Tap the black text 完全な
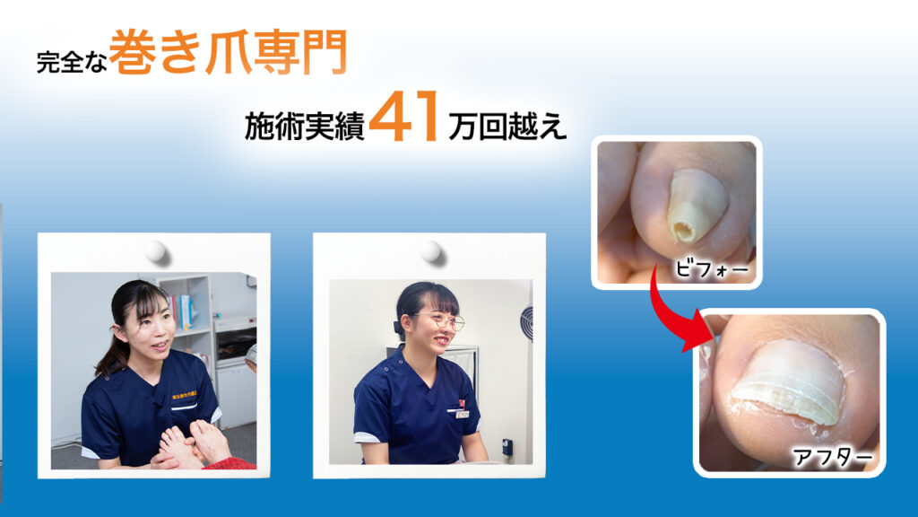pyautogui.click(x=72, y=62)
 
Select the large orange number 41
pyautogui.click(x=404, y=117)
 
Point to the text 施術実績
pyautogui.click(x=305, y=126)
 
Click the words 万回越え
pyautogui.click(x=507, y=126)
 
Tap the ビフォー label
pyautogui.click(x=711, y=269)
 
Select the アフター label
pyautogui.click(x=832, y=457)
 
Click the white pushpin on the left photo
pyautogui.click(x=156, y=252)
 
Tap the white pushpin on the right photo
pyautogui.click(x=431, y=251)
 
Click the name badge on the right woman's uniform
pyautogui.click(x=463, y=414)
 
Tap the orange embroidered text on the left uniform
pyautogui.click(x=186, y=397)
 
